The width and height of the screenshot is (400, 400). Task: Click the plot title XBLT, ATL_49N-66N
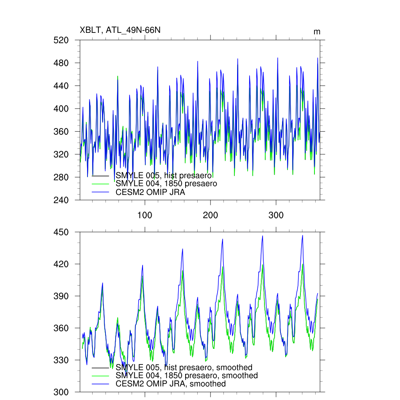(x=120, y=30)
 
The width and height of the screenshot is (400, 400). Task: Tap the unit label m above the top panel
(x=317, y=32)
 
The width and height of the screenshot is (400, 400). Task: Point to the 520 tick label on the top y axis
(x=61, y=40)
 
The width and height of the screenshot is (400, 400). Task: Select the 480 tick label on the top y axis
(x=61, y=63)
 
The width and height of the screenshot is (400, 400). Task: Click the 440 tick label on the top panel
(x=61, y=86)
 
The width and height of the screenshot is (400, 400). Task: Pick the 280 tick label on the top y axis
(x=61, y=177)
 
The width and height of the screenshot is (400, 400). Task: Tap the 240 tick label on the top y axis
(x=61, y=200)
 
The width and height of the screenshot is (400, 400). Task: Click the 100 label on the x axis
(x=145, y=216)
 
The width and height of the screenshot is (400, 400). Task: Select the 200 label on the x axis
(x=210, y=216)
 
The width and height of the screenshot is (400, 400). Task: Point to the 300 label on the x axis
(x=276, y=216)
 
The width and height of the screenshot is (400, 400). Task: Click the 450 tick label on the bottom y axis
(x=61, y=232)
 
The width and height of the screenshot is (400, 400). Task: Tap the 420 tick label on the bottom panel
(x=61, y=264)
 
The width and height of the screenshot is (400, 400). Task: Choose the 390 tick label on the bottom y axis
(x=61, y=296)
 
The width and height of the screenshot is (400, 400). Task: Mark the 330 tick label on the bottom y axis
(x=61, y=360)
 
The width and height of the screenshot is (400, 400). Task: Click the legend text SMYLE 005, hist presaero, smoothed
(x=184, y=368)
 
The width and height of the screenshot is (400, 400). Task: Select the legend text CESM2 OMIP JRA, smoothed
(x=171, y=384)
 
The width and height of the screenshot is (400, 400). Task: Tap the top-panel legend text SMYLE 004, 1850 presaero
(x=166, y=184)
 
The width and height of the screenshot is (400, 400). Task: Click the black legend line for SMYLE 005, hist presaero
(x=100, y=175)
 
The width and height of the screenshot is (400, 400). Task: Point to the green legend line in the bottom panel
(x=100, y=376)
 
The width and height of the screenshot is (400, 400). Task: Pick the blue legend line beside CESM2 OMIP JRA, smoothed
(x=100, y=384)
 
